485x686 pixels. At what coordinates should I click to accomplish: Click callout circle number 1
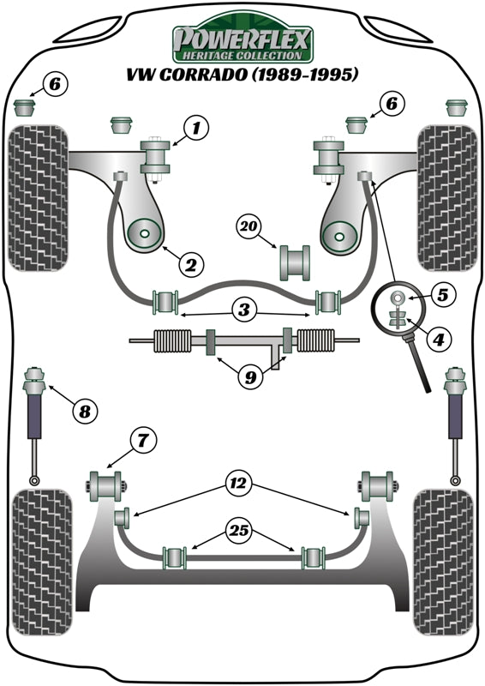(x=195, y=129)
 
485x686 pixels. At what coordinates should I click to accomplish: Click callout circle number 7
(x=143, y=442)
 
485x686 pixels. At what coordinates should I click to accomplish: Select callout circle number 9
(x=248, y=376)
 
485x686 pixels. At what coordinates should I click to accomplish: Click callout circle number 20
(x=248, y=227)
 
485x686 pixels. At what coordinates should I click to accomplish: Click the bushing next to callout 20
(x=294, y=262)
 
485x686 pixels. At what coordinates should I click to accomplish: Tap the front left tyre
(x=37, y=199)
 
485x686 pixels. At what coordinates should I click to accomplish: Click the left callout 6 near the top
(x=54, y=84)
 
